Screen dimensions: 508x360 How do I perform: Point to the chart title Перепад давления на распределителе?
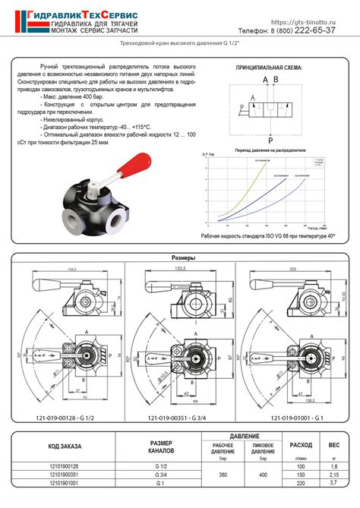pos(270,150)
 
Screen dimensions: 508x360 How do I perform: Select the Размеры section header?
pos(180,258)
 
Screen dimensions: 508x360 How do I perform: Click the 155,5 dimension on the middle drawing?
pos(179,269)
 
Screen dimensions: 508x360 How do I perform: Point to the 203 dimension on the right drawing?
pos(292,269)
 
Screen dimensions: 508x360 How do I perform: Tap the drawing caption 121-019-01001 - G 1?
pos(294,417)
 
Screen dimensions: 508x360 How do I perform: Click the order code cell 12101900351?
pos(64,475)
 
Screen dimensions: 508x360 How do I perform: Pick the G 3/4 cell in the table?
pos(161,475)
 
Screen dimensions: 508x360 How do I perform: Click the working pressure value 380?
pos(223,475)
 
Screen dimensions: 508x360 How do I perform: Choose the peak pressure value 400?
pos(263,475)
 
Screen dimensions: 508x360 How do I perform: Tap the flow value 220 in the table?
pos(300,483)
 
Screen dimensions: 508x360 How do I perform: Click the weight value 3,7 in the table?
pos(333,483)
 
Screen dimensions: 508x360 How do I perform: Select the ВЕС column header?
pos(333,443)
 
